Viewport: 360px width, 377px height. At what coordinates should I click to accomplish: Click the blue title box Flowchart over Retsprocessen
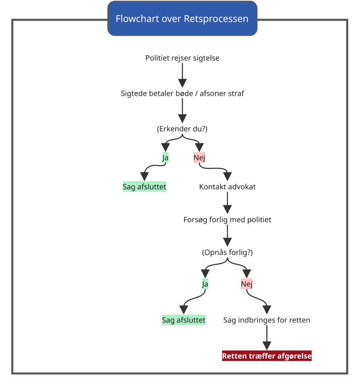(x=182, y=18)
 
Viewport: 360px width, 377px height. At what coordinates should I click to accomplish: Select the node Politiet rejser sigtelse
(x=182, y=58)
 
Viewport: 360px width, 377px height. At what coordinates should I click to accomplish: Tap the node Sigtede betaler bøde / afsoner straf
(x=182, y=93)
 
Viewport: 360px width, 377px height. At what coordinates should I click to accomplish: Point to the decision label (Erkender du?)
(x=182, y=129)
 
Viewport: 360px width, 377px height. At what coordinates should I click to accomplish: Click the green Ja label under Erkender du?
(x=165, y=158)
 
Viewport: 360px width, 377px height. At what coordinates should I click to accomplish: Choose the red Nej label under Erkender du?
(x=199, y=158)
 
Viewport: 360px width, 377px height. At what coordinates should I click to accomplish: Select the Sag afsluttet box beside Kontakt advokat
(x=145, y=187)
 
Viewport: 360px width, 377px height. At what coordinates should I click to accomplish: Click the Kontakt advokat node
(x=227, y=187)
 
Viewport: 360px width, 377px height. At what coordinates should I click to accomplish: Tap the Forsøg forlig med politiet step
(x=227, y=219)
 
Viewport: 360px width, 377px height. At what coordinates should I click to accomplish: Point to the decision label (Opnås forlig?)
(x=227, y=253)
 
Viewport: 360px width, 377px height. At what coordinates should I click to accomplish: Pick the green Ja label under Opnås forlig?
(x=205, y=284)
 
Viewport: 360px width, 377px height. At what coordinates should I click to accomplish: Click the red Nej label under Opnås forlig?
(x=247, y=284)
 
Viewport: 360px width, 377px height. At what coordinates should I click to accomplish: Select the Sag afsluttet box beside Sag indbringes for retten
(x=184, y=320)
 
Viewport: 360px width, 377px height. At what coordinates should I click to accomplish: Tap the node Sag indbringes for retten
(x=267, y=320)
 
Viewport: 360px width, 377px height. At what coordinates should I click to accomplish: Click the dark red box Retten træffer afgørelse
(x=267, y=356)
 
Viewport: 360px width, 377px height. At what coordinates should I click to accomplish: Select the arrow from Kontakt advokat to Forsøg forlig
(x=227, y=203)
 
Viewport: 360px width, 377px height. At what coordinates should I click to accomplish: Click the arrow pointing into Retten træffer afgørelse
(x=267, y=338)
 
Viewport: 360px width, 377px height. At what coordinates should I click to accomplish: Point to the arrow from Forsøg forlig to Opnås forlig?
(x=227, y=236)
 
